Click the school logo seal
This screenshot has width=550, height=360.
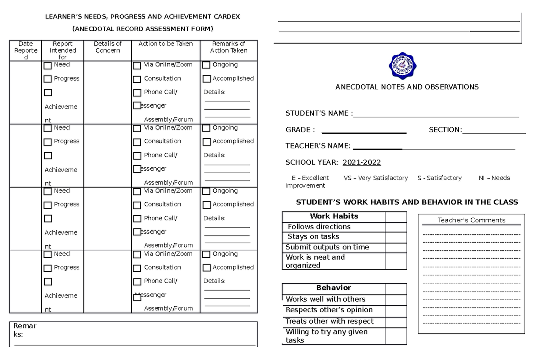click(403, 66)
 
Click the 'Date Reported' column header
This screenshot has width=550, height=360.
click(26, 50)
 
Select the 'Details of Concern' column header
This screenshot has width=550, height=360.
click(108, 47)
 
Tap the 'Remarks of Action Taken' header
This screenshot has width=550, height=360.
click(229, 47)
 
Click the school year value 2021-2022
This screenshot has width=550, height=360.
click(362, 162)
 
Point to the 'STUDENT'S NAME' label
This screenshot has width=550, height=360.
click(319, 113)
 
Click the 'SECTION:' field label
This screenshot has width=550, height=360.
click(445, 130)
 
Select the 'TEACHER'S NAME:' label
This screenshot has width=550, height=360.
click(318, 146)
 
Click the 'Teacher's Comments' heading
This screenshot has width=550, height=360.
click(471, 220)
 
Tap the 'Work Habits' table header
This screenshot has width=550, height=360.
click(334, 216)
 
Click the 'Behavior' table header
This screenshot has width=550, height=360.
click(334, 288)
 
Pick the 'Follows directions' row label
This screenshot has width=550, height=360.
click(319, 227)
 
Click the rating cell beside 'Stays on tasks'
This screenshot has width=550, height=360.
click(396, 237)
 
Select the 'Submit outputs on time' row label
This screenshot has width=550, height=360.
click(327, 247)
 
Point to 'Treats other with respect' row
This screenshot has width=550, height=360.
click(330, 321)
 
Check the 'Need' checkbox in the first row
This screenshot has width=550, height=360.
click(48, 66)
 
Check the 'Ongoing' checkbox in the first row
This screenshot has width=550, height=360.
click(207, 65)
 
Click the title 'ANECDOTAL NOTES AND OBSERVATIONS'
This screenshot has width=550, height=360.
click(407, 87)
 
